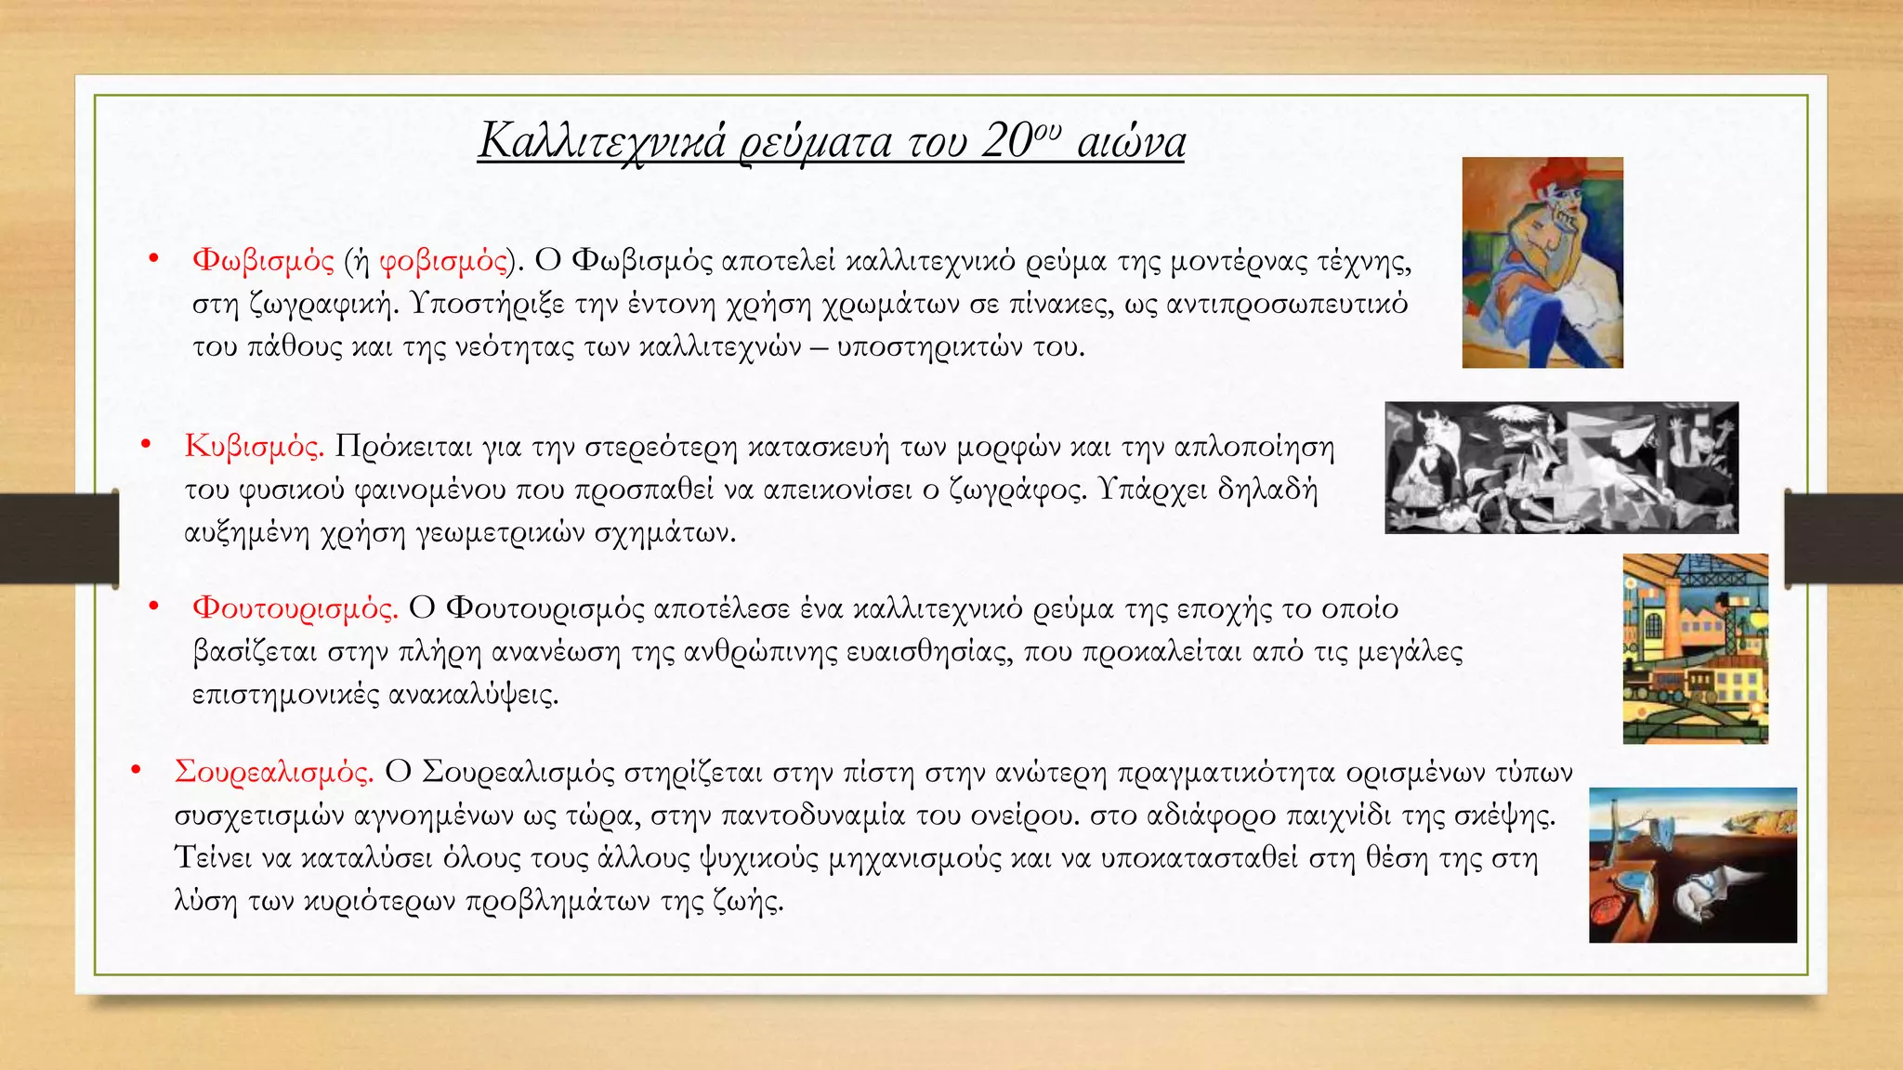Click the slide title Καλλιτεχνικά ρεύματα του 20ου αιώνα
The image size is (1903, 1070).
click(832, 142)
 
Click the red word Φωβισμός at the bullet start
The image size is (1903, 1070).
click(263, 260)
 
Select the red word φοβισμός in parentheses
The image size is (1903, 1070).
click(443, 260)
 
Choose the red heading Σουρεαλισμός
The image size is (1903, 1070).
click(274, 772)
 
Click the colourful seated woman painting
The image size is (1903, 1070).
click(1542, 263)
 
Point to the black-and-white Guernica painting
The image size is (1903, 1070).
click(1561, 468)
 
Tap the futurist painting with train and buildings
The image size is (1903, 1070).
click(1695, 649)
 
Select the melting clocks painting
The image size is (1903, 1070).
click(1692, 865)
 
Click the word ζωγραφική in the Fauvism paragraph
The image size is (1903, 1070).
click(330, 305)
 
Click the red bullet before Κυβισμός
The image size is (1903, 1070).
click(146, 445)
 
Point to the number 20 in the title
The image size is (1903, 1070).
click(1006, 142)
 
